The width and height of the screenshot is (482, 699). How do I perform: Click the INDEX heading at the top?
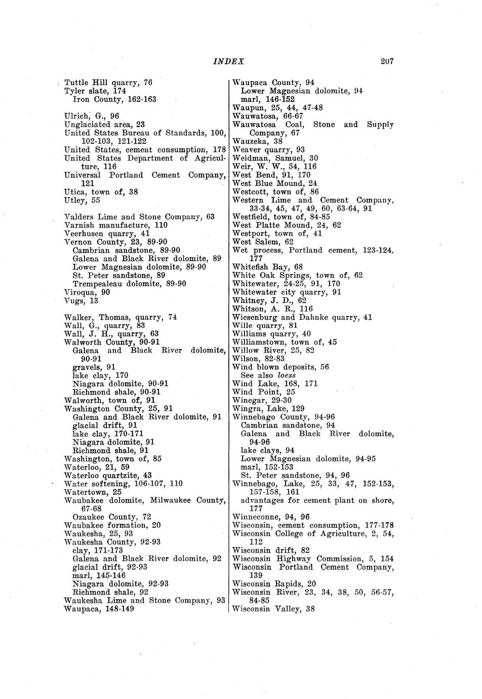[x=229, y=62]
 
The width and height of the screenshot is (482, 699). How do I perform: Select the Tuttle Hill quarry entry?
[x=108, y=83]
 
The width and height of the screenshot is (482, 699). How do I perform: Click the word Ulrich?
[x=77, y=116]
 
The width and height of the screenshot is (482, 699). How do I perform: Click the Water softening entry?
[x=123, y=484]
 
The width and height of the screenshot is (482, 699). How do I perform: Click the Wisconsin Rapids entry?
[x=274, y=584]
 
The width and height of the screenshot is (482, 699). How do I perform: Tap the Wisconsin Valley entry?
[x=273, y=609]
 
